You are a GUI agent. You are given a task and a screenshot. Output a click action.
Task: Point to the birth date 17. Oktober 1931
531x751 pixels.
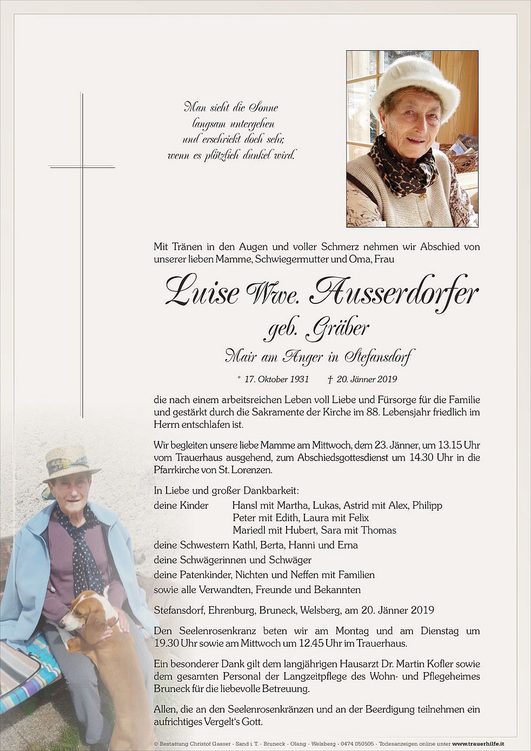(276, 379)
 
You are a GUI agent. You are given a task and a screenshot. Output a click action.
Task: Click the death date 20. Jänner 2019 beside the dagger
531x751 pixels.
(367, 379)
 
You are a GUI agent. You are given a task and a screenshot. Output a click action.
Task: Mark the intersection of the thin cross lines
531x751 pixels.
(82, 167)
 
